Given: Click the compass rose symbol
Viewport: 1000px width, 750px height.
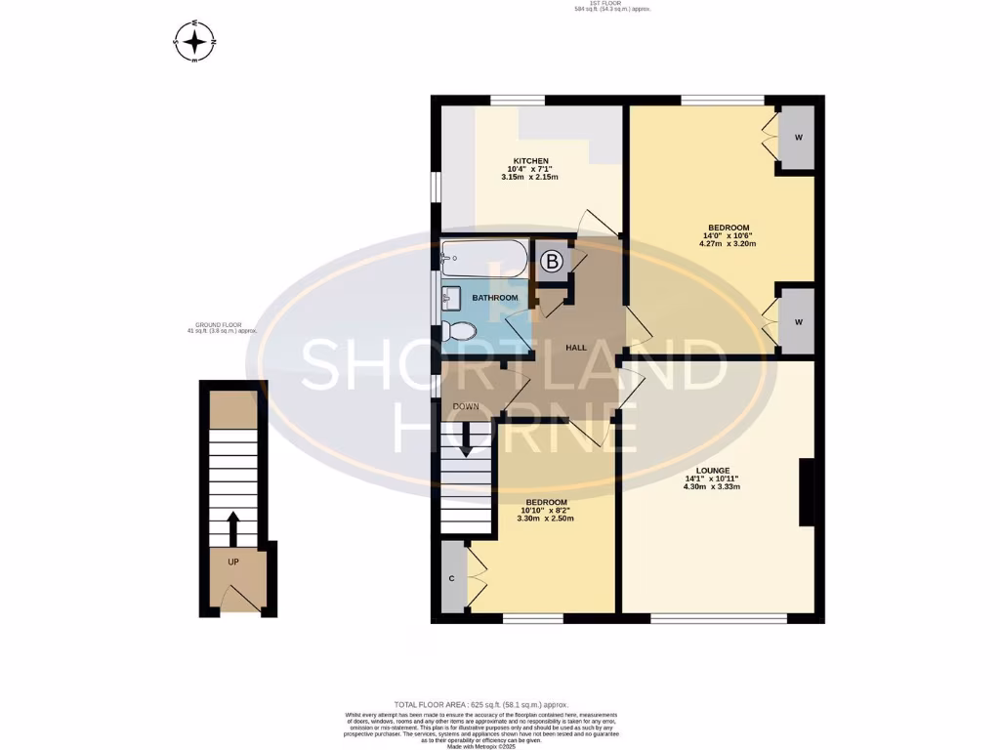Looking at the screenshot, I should (x=195, y=41).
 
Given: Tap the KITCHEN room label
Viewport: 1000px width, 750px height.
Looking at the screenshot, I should (x=532, y=160).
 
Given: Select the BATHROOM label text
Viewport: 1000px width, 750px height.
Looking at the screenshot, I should (x=494, y=297).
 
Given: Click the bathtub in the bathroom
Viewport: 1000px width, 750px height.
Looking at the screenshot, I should (x=483, y=261).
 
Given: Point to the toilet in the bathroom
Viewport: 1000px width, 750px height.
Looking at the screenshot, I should (x=457, y=332).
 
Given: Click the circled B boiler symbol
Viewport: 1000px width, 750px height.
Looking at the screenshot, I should (x=552, y=262).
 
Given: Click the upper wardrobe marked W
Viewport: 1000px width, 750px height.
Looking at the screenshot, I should (x=798, y=137).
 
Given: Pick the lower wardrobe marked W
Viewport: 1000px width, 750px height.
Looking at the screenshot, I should (x=798, y=321).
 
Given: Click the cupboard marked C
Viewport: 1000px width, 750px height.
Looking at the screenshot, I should (x=452, y=577).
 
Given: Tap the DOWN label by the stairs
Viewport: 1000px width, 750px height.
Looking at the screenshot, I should (x=465, y=405).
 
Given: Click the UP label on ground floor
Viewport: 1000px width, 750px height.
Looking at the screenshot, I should (x=233, y=562).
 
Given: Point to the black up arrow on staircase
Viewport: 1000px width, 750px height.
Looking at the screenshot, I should (x=233, y=529).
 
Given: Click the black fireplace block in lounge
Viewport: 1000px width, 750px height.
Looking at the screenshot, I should (x=807, y=493).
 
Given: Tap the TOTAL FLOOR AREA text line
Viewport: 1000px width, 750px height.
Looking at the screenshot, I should (x=480, y=704).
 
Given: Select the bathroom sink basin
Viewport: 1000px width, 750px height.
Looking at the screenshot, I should (x=450, y=295).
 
